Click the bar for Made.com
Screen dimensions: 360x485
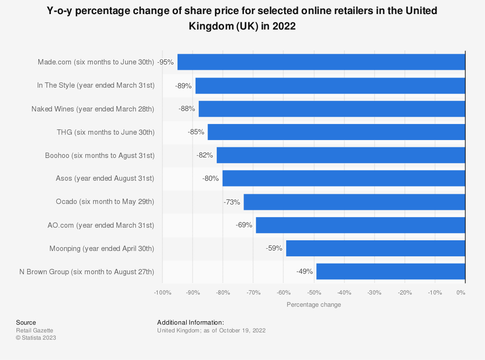pos(321,62)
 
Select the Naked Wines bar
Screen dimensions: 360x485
pos(332,109)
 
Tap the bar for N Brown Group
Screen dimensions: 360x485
pos(390,272)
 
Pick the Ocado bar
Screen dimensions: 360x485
pos(354,202)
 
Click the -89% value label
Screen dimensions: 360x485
pos(183,86)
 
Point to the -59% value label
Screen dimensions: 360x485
pos(274,249)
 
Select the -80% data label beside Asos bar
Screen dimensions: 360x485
pos(210,179)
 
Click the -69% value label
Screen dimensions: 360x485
pos(244,225)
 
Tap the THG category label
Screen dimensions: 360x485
pos(105,132)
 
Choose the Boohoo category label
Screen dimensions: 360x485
pos(100,156)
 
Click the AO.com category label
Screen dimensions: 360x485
pos(101,225)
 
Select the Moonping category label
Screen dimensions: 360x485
pos(102,249)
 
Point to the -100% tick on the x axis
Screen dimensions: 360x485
pos(162,293)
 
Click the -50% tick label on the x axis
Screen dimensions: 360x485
pos(314,293)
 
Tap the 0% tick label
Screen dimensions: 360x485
pos(461,293)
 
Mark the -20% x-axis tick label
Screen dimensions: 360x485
pos(405,293)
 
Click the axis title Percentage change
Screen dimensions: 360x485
pos(314,305)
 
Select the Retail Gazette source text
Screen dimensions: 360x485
pos(34,330)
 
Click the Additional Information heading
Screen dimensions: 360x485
pos(191,322)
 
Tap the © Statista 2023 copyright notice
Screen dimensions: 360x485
pos(36,338)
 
